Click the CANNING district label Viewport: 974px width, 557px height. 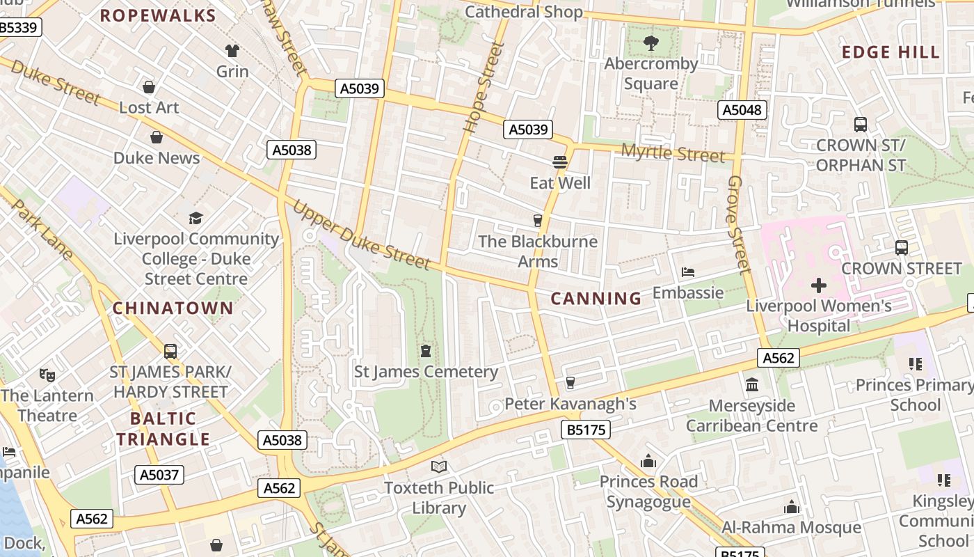point(596,299)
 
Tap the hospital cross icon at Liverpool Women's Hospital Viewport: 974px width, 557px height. point(819,285)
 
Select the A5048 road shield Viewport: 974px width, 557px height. point(742,110)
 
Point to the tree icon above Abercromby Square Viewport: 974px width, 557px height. point(650,43)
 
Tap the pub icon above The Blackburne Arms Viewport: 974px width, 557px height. point(537,221)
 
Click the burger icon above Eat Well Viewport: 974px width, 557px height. point(560,162)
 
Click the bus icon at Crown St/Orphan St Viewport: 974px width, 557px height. point(861,125)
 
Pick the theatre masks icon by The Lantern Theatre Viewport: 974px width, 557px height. point(47,375)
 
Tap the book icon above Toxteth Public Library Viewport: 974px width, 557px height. point(438,466)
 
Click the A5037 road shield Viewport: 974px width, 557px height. point(159,475)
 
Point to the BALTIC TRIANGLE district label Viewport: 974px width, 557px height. point(163,429)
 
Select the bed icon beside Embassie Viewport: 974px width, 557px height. point(688,272)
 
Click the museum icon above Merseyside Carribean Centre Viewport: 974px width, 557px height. point(751,384)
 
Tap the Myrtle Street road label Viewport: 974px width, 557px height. point(672,152)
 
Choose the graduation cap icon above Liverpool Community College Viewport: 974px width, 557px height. point(195,218)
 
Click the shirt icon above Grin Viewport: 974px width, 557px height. point(232,50)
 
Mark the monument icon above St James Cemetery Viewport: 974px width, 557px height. point(426,350)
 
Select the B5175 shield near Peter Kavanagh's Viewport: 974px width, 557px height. point(585,430)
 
